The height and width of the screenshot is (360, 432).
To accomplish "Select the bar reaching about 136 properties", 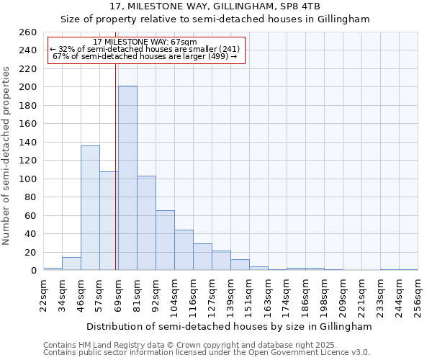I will click(90, 208).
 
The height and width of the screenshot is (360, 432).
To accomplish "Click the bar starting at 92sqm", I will click(165, 240).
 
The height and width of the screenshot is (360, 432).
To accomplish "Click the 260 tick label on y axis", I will click(27, 32).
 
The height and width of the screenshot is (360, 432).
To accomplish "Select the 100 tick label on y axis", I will click(27, 179).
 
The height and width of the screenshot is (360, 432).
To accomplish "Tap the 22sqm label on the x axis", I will click(43, 296).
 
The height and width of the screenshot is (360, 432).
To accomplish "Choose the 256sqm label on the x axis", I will click(418, 296).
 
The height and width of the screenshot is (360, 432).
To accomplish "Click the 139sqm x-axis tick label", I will click(230, 296).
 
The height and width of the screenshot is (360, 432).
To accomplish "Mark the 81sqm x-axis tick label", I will click(137, 296).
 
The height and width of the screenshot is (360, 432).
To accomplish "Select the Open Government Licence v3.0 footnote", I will click(207, 353).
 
